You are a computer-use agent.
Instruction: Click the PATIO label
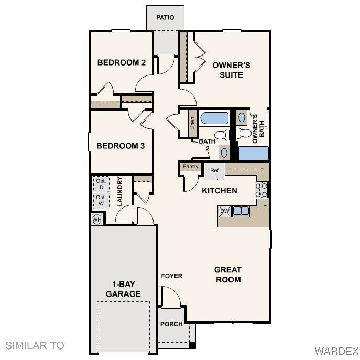tap(165, 17)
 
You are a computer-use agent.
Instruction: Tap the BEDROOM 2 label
tap(122, 62)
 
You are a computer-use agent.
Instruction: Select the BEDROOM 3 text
tap(121, 146)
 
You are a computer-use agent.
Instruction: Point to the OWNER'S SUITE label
tap(231, 70)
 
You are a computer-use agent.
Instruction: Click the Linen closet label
tap(192, 123)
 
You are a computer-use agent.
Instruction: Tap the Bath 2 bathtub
tap(214, 118)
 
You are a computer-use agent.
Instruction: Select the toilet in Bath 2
tap(222, 135)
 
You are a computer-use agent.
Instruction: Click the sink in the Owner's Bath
tap(242, 117)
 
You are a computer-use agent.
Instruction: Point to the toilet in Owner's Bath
tap(244, 133)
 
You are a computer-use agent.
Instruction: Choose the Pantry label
tap(190, 166)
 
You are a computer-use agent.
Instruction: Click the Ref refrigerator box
tap(214, 171)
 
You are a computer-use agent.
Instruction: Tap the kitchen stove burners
tap(261, 190)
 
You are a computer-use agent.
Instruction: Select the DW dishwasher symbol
tap(225, 212)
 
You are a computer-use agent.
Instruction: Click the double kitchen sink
tap(241, 211)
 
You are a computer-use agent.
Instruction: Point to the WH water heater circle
tap(97, 220)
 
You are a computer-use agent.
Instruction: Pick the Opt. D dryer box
tap(101, 184)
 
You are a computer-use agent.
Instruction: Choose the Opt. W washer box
tap(101, 201)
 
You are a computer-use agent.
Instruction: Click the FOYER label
tap(172, 276)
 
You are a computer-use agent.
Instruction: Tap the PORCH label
tap(171, 324)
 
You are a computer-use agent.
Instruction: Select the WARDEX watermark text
tap(336, 351)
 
